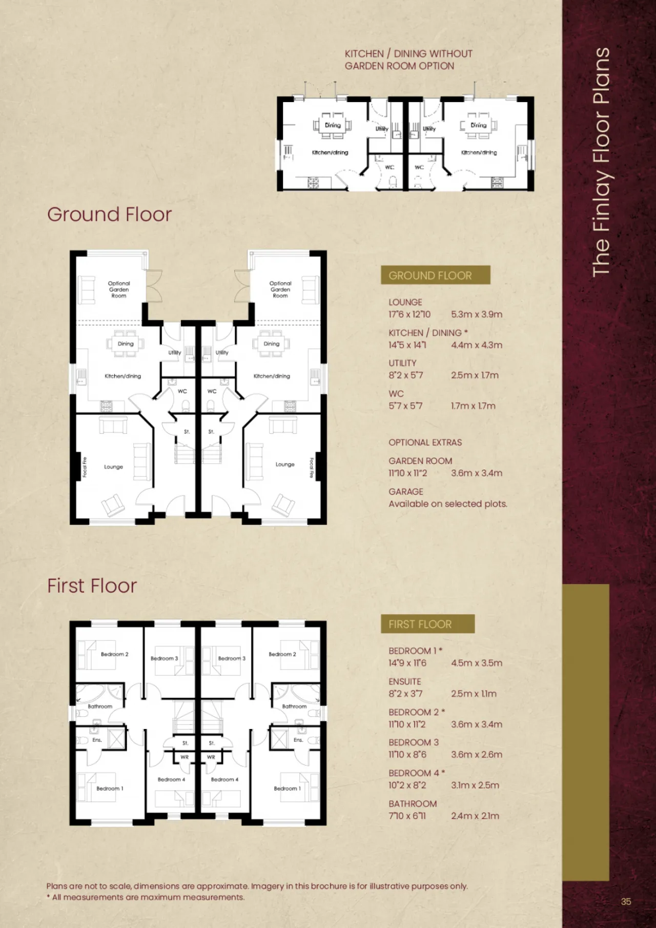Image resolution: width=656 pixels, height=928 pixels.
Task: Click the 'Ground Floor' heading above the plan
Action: [x=109, y=214]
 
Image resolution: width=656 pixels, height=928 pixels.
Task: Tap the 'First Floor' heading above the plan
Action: [x=92, y=586]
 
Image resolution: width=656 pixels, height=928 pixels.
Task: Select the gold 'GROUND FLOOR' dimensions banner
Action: [x=436, y=275]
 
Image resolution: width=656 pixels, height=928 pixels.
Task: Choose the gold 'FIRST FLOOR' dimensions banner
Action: [x=428, y=624]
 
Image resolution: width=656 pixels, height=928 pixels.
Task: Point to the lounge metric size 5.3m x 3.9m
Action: [x=477, y=314]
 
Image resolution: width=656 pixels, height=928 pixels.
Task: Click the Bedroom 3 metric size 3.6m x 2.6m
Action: [x=477, y=755]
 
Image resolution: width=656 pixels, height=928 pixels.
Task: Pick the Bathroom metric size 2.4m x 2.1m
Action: [x=475, y=816]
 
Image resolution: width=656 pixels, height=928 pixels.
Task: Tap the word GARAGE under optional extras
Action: [x=406, y=491]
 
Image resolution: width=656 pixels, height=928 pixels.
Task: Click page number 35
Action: [x=626, y=901]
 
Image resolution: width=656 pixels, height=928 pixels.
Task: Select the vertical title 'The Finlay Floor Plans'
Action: [x=601, y=162]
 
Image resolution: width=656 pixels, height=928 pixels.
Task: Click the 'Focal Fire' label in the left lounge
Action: [x=85, y=467]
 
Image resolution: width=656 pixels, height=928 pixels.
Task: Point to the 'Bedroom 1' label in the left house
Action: [x=110, y=789]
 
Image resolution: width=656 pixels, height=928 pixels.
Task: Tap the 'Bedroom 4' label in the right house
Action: [x=224, y=779]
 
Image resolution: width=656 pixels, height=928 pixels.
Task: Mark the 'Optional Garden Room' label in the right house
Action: [x=280, y=289]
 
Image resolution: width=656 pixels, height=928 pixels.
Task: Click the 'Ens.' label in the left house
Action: [x=97, y=740]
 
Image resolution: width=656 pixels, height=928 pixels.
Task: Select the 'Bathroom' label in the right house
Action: [x=294, y=706]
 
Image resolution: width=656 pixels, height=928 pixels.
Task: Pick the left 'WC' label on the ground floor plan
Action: [x=182, y=391]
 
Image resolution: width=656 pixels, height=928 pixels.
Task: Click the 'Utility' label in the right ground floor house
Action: [x=222, y=353]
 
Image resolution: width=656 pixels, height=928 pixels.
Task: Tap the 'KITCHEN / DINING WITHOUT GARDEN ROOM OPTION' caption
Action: [x=408, y=59]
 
